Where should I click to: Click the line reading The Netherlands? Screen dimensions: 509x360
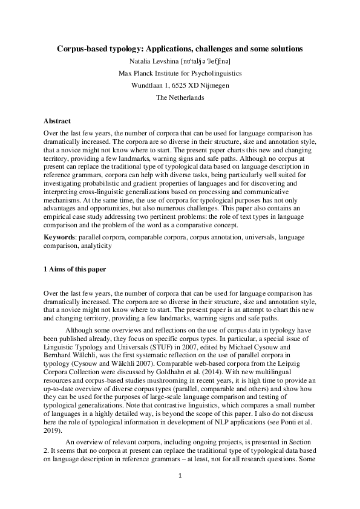[180, 97]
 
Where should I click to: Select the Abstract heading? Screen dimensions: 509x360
[57, 122]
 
